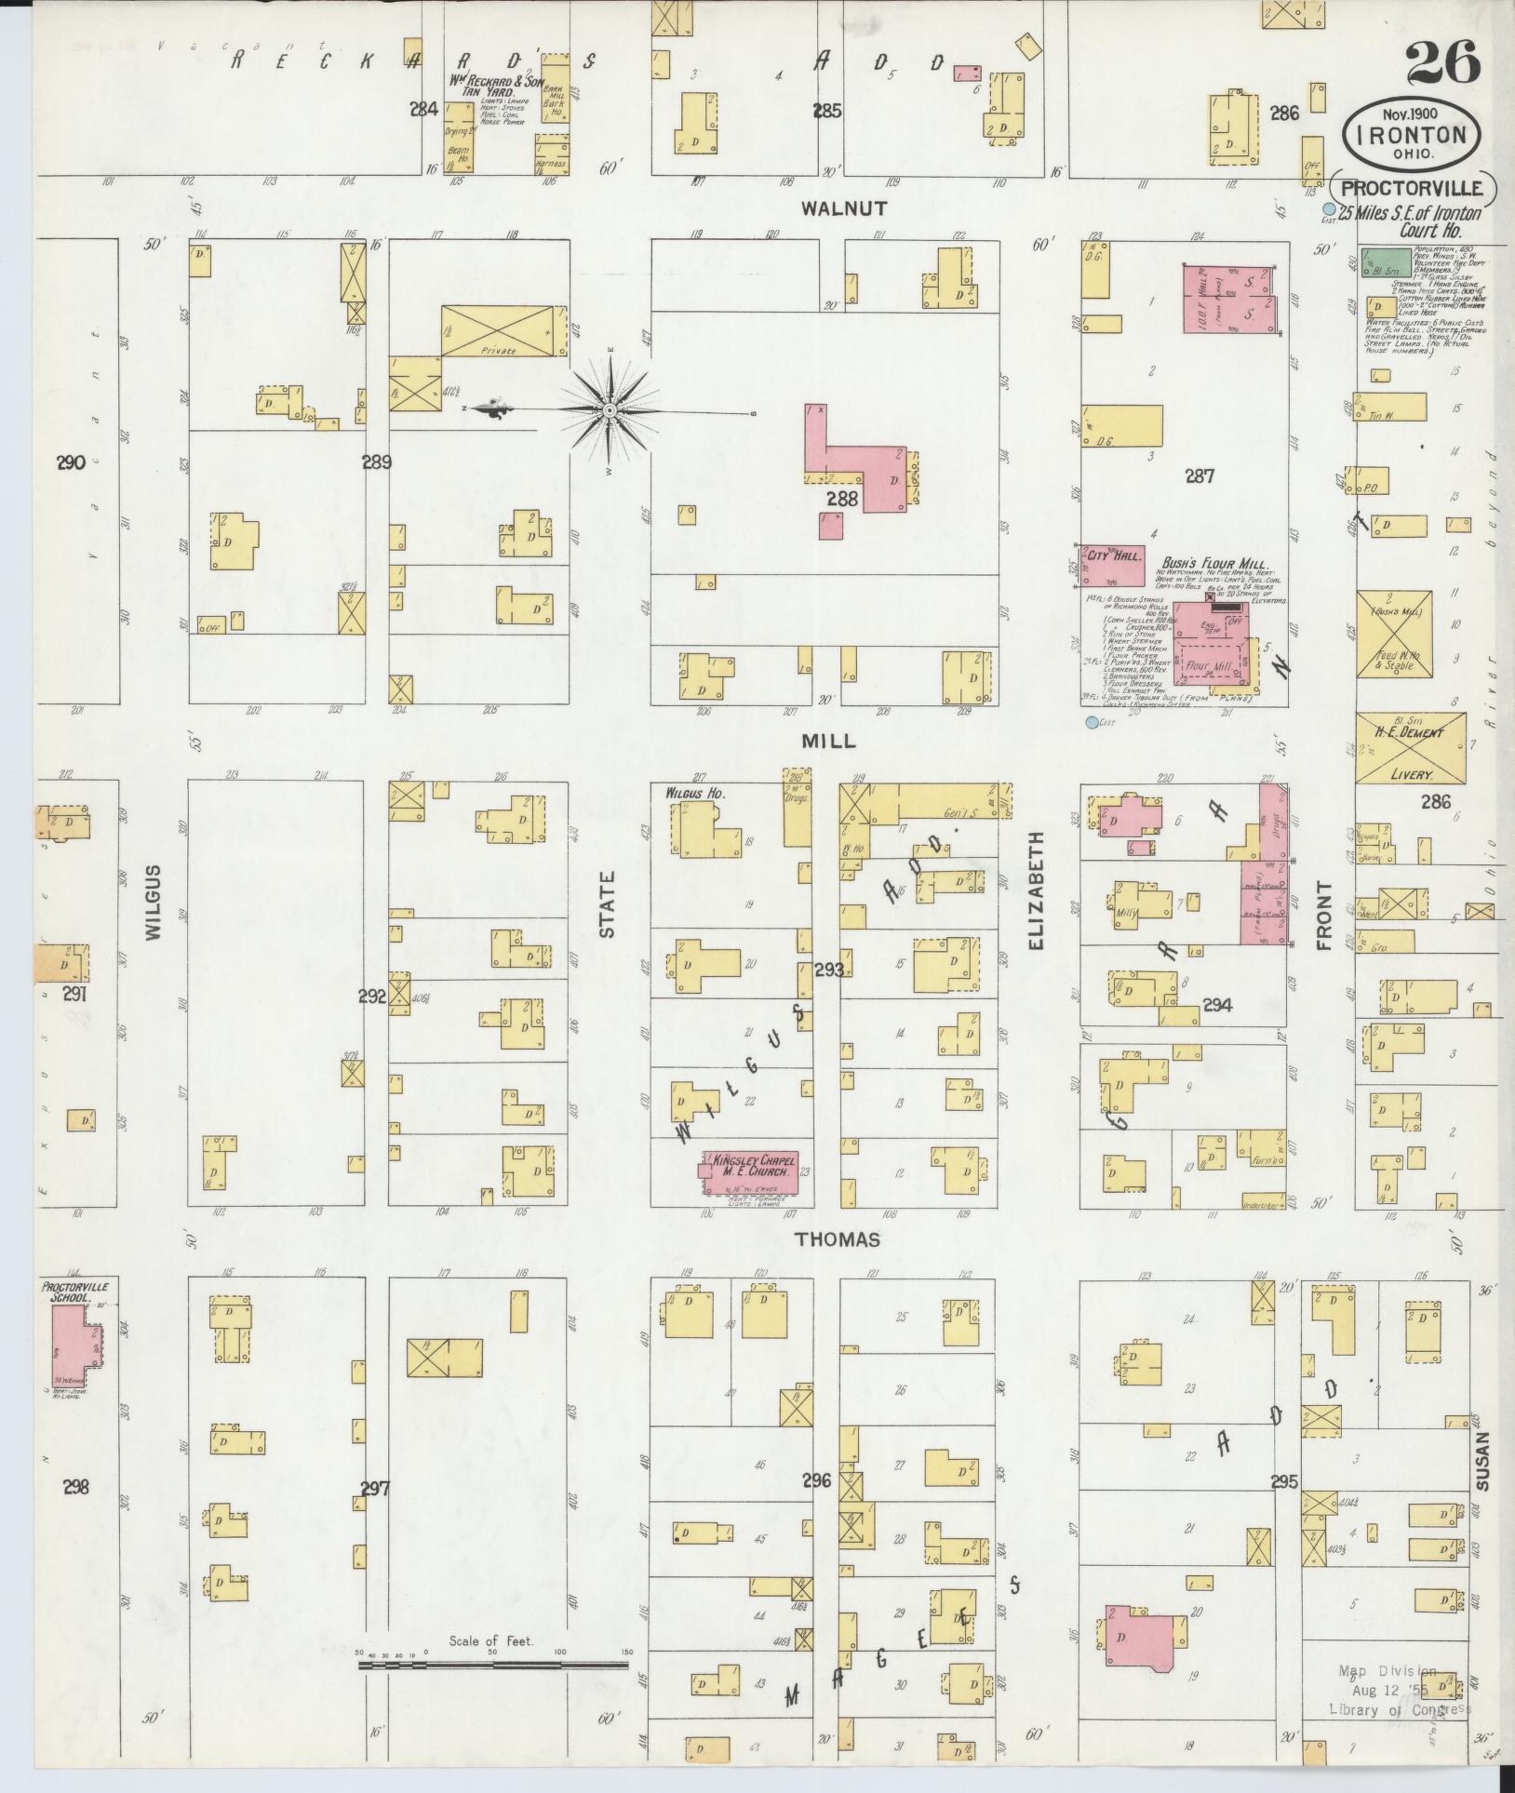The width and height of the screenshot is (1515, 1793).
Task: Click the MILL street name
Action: click(828, 741)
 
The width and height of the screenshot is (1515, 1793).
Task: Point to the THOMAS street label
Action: click(838, 1239)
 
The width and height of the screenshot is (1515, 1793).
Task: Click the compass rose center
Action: click(609, 409)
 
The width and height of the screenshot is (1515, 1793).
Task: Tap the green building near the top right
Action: click(1384, 261)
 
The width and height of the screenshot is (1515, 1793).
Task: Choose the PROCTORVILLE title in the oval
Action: click(1413, 190)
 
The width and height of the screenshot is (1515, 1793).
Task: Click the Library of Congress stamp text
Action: click(1401, 1708)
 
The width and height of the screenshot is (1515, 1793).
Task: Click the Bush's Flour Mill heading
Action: click(1215, 562)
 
